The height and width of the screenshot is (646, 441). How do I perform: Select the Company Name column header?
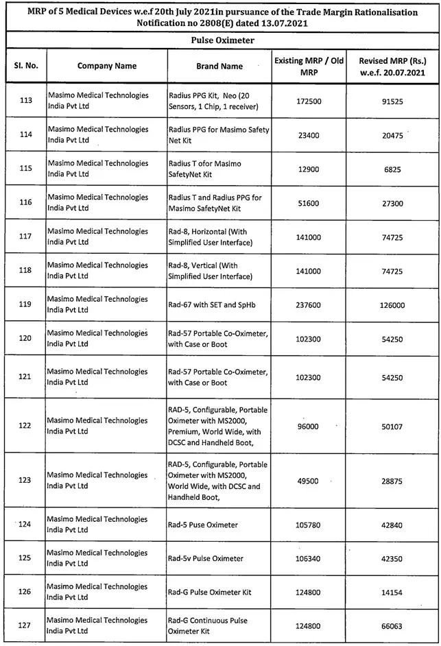pyautogui.click(x=106, y=66)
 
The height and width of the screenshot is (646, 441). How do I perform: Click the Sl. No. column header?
pyautogui.click(x=25, y=66)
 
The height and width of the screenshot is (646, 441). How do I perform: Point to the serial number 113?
pyautogui.click(x=26, y=101)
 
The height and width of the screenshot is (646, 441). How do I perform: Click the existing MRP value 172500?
pyautogui.click(x=308, y=101)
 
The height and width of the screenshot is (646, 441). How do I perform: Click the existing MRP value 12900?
pyautogui.click(x=308, y=169)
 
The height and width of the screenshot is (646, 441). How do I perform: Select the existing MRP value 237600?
pyautogui.click(x=308, y=304)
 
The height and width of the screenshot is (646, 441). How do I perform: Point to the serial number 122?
pyautogui.click(x=26, y=426)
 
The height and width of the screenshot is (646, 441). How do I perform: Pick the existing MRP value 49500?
pyautogui.click(x=308, y=481)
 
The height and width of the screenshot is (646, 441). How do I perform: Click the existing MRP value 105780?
pyautogui.click(x=308, y=525)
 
